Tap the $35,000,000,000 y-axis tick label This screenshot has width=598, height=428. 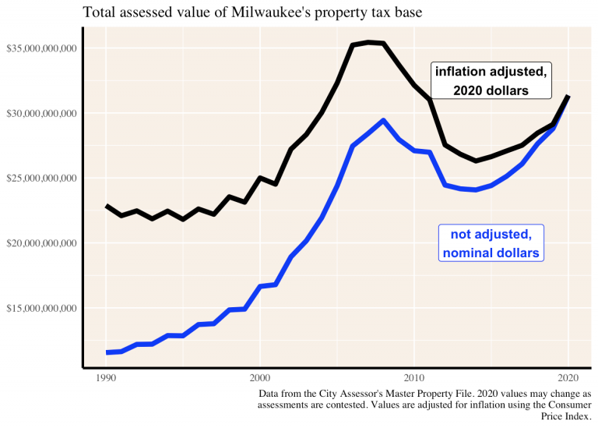point(40,48)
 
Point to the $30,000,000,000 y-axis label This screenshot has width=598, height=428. point(40,114)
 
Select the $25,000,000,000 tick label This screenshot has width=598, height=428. point(40,179)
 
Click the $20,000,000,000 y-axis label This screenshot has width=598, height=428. point(40,243)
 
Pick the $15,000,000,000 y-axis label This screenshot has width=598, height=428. point(40,309)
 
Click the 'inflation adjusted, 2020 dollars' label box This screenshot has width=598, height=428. point(491,81)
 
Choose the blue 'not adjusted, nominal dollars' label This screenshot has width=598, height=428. point(491,243)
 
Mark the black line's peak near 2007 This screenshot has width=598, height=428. point(368,42)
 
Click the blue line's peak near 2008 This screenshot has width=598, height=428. point(383,120)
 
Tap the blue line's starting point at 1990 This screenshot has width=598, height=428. point(107,352)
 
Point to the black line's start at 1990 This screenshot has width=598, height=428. point(107,206)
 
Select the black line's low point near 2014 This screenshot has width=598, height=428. point(476,161)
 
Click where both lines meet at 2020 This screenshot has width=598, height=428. point(568,96)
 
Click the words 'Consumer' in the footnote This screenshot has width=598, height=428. point(569,405)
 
